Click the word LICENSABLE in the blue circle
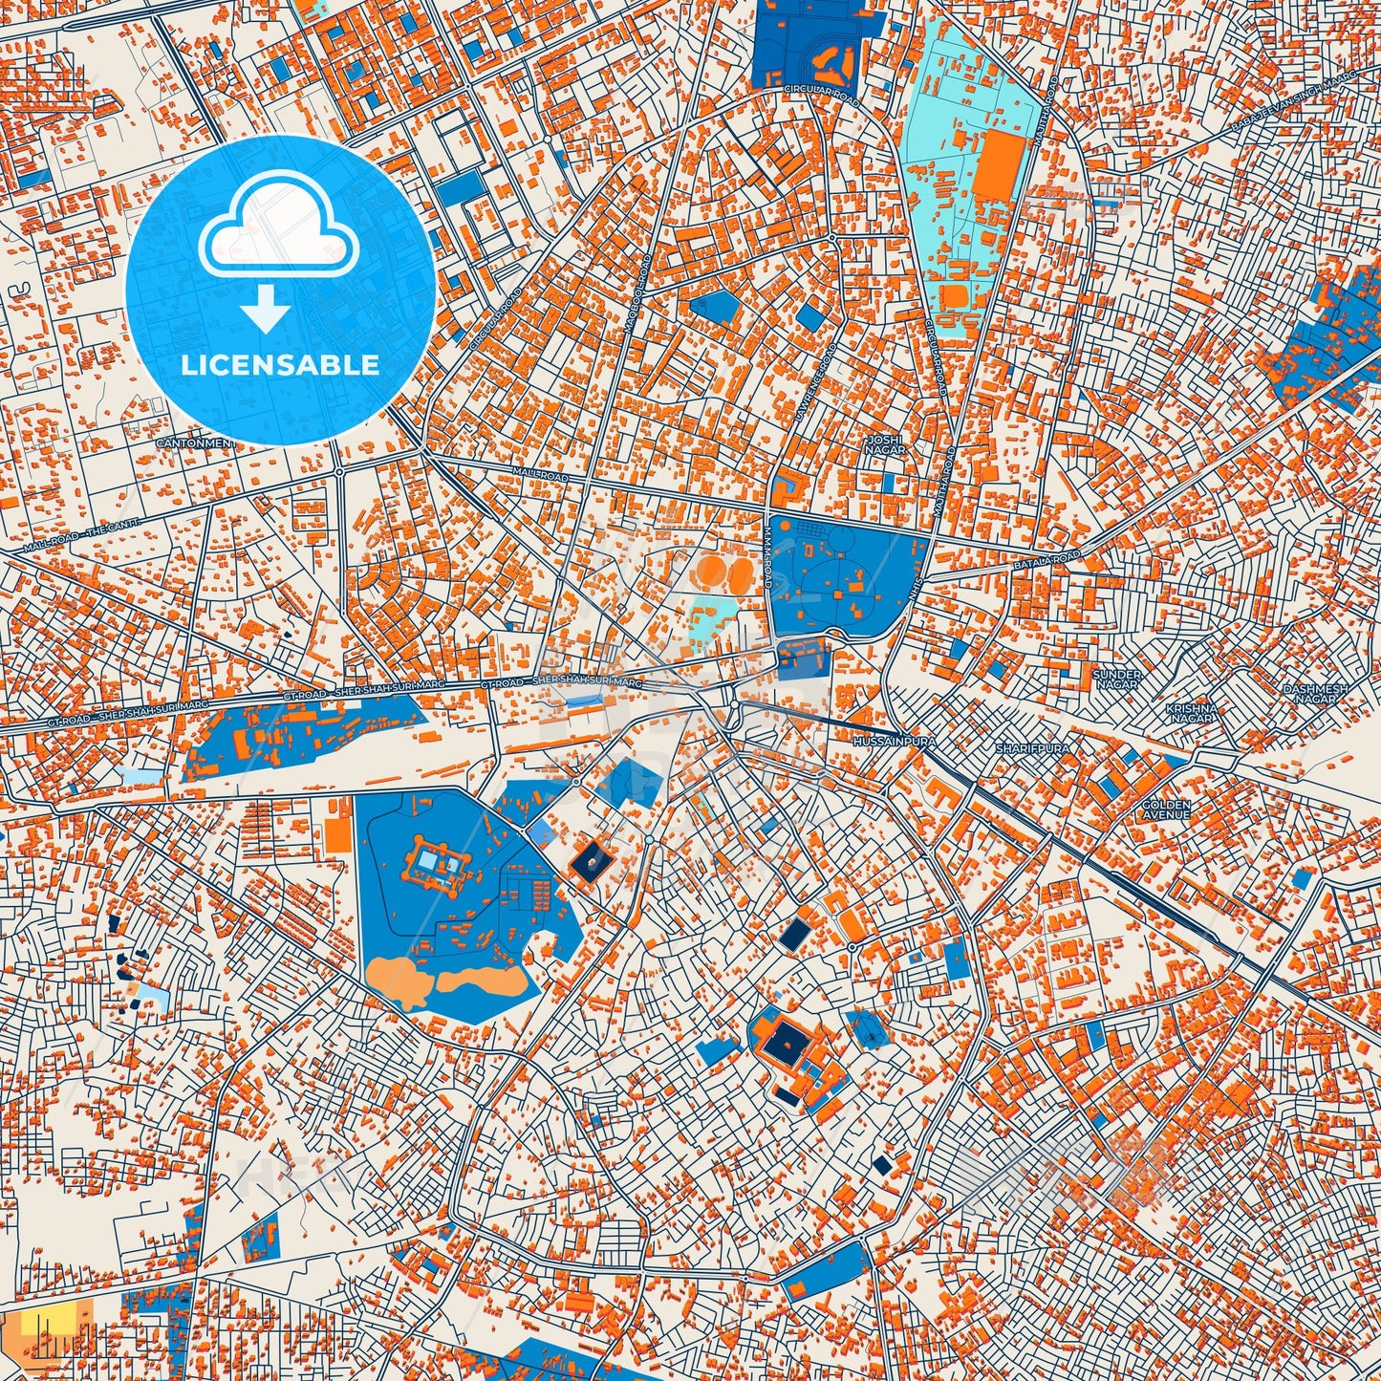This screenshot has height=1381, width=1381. coord(281,365)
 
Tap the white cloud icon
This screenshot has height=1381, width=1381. coord(279,229)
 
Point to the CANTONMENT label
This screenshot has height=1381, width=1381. coord(194,443)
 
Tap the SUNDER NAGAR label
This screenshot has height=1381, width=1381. coord(1115,680)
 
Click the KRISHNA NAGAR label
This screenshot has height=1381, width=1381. coord(1191,713)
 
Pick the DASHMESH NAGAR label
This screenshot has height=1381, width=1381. coord(1315,694)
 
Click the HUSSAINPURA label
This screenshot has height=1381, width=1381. coord(891,741)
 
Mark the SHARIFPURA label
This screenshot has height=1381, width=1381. coord(1032,748)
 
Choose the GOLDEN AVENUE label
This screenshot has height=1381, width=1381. coord(1166,809)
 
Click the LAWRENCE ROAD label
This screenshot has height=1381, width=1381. coord(813,385)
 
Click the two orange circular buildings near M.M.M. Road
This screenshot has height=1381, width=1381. coord(724,573)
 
